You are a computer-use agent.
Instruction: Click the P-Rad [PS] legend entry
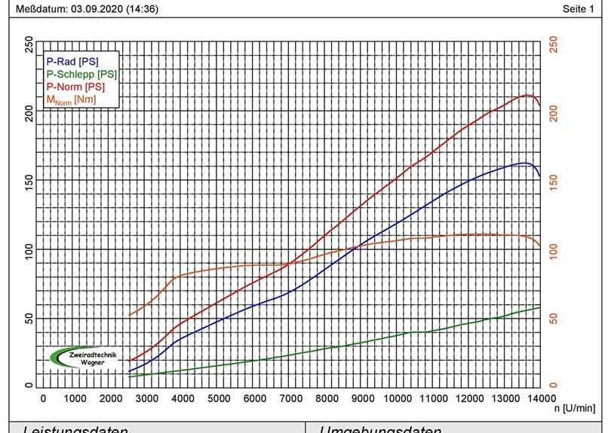point(72,61)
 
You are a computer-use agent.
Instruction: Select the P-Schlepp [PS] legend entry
point(81,74)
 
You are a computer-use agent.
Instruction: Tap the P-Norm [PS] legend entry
point(75,87)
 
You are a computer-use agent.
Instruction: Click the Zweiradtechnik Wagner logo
point(84,356)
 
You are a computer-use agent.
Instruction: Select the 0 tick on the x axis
point(42,398)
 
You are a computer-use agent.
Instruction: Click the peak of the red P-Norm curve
point(526,95)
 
